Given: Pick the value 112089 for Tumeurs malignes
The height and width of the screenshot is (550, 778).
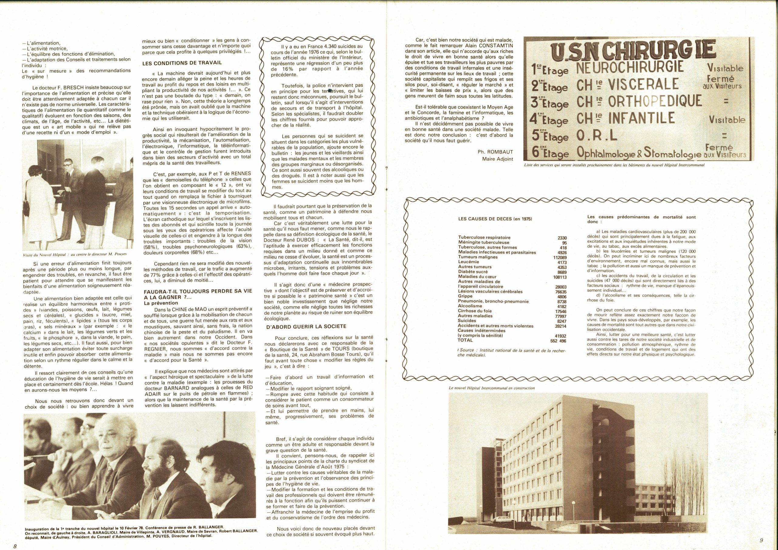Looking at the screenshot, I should point(559,257).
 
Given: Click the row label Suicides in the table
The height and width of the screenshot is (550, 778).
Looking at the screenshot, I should point(466,321).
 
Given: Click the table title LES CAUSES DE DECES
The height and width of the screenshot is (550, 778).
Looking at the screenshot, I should point(495,219).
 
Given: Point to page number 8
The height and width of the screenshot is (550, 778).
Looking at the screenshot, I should point(15,546).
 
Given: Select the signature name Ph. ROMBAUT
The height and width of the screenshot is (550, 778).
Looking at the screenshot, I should point(496,152).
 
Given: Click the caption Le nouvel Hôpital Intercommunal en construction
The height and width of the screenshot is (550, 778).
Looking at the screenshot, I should point(491,388).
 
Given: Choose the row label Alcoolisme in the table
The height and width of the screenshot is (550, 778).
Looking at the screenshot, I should point(470,306).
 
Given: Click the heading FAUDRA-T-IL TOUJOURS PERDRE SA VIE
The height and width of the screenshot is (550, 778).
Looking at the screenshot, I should point(198,291).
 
